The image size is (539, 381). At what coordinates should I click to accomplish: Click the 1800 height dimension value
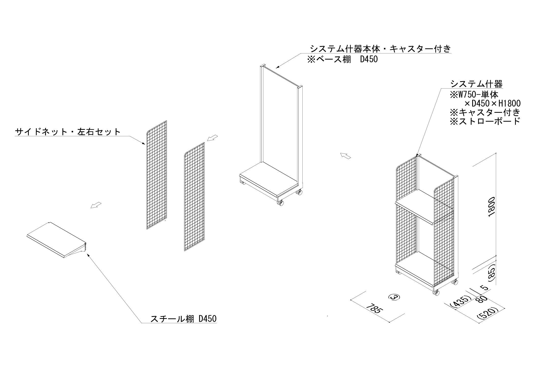click(x=490, y=210)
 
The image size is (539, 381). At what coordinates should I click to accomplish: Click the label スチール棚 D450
click(x=183, y=319)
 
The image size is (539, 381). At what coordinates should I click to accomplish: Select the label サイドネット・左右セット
click(x=68, y=132)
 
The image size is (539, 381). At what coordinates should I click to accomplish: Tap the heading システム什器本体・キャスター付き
click(x=381, y=48)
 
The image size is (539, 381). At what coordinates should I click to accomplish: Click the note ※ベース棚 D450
click(x=343, y=59)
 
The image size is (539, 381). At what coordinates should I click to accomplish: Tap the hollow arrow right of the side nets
click(x=212, y=138)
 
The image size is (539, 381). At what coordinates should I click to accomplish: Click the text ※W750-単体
click(x=474, y=95)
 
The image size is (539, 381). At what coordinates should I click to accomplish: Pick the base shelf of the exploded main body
click(x=269, y=181)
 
